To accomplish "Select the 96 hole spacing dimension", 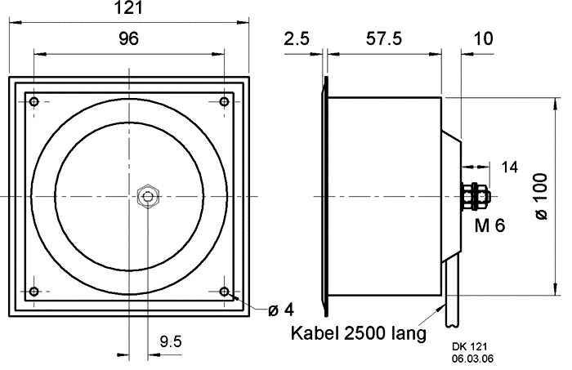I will point(129,38).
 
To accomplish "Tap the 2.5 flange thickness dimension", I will point(297,38).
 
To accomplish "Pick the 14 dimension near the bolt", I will point(509,167).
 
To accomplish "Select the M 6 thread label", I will point(489,226).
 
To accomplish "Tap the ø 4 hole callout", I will point(280,310).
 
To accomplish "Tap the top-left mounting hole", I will point(34,101).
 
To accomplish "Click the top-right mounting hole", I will point(224,101).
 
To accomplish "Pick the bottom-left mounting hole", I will point(34,292).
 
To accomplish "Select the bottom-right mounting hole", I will point(224,292).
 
